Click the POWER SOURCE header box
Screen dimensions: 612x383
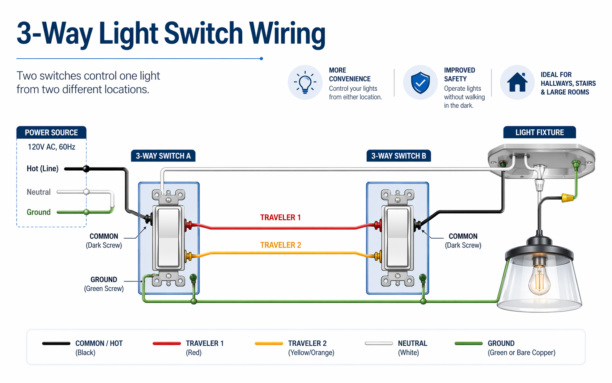tap(51, 132)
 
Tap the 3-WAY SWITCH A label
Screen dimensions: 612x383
tap(163, 156)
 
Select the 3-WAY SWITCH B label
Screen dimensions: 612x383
tap(399, 156)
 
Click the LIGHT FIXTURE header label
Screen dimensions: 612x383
tap(539, 132)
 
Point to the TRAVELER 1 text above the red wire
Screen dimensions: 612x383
tap(280, 218)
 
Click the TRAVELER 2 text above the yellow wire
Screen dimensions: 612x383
tap(281, 245)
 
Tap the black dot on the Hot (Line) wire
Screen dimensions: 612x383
tap(86, 169)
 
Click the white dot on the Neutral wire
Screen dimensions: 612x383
tap(86, 191)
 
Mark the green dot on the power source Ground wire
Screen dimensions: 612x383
tap(86, 212)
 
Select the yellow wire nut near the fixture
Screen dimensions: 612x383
tap(567, 197)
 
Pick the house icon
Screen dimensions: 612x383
tap(517, 82)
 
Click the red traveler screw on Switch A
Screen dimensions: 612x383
tap(188, 225)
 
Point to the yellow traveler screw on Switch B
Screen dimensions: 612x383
tap(378, 256)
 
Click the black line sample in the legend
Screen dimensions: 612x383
tap(56, 343)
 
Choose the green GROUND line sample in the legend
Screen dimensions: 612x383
tap(468, 343)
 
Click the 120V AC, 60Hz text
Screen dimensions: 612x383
tap(51, 147)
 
